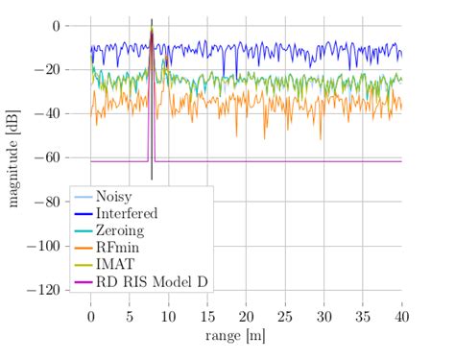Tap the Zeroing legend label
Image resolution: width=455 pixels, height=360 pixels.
(122, 230)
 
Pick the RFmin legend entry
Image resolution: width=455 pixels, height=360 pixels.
(119, 247)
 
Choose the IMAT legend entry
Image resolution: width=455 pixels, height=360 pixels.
(116, 264)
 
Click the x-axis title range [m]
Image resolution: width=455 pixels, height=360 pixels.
(234, 335)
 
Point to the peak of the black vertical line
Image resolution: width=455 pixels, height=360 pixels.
(152, 19)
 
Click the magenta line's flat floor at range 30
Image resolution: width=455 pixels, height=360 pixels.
(323, 161)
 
